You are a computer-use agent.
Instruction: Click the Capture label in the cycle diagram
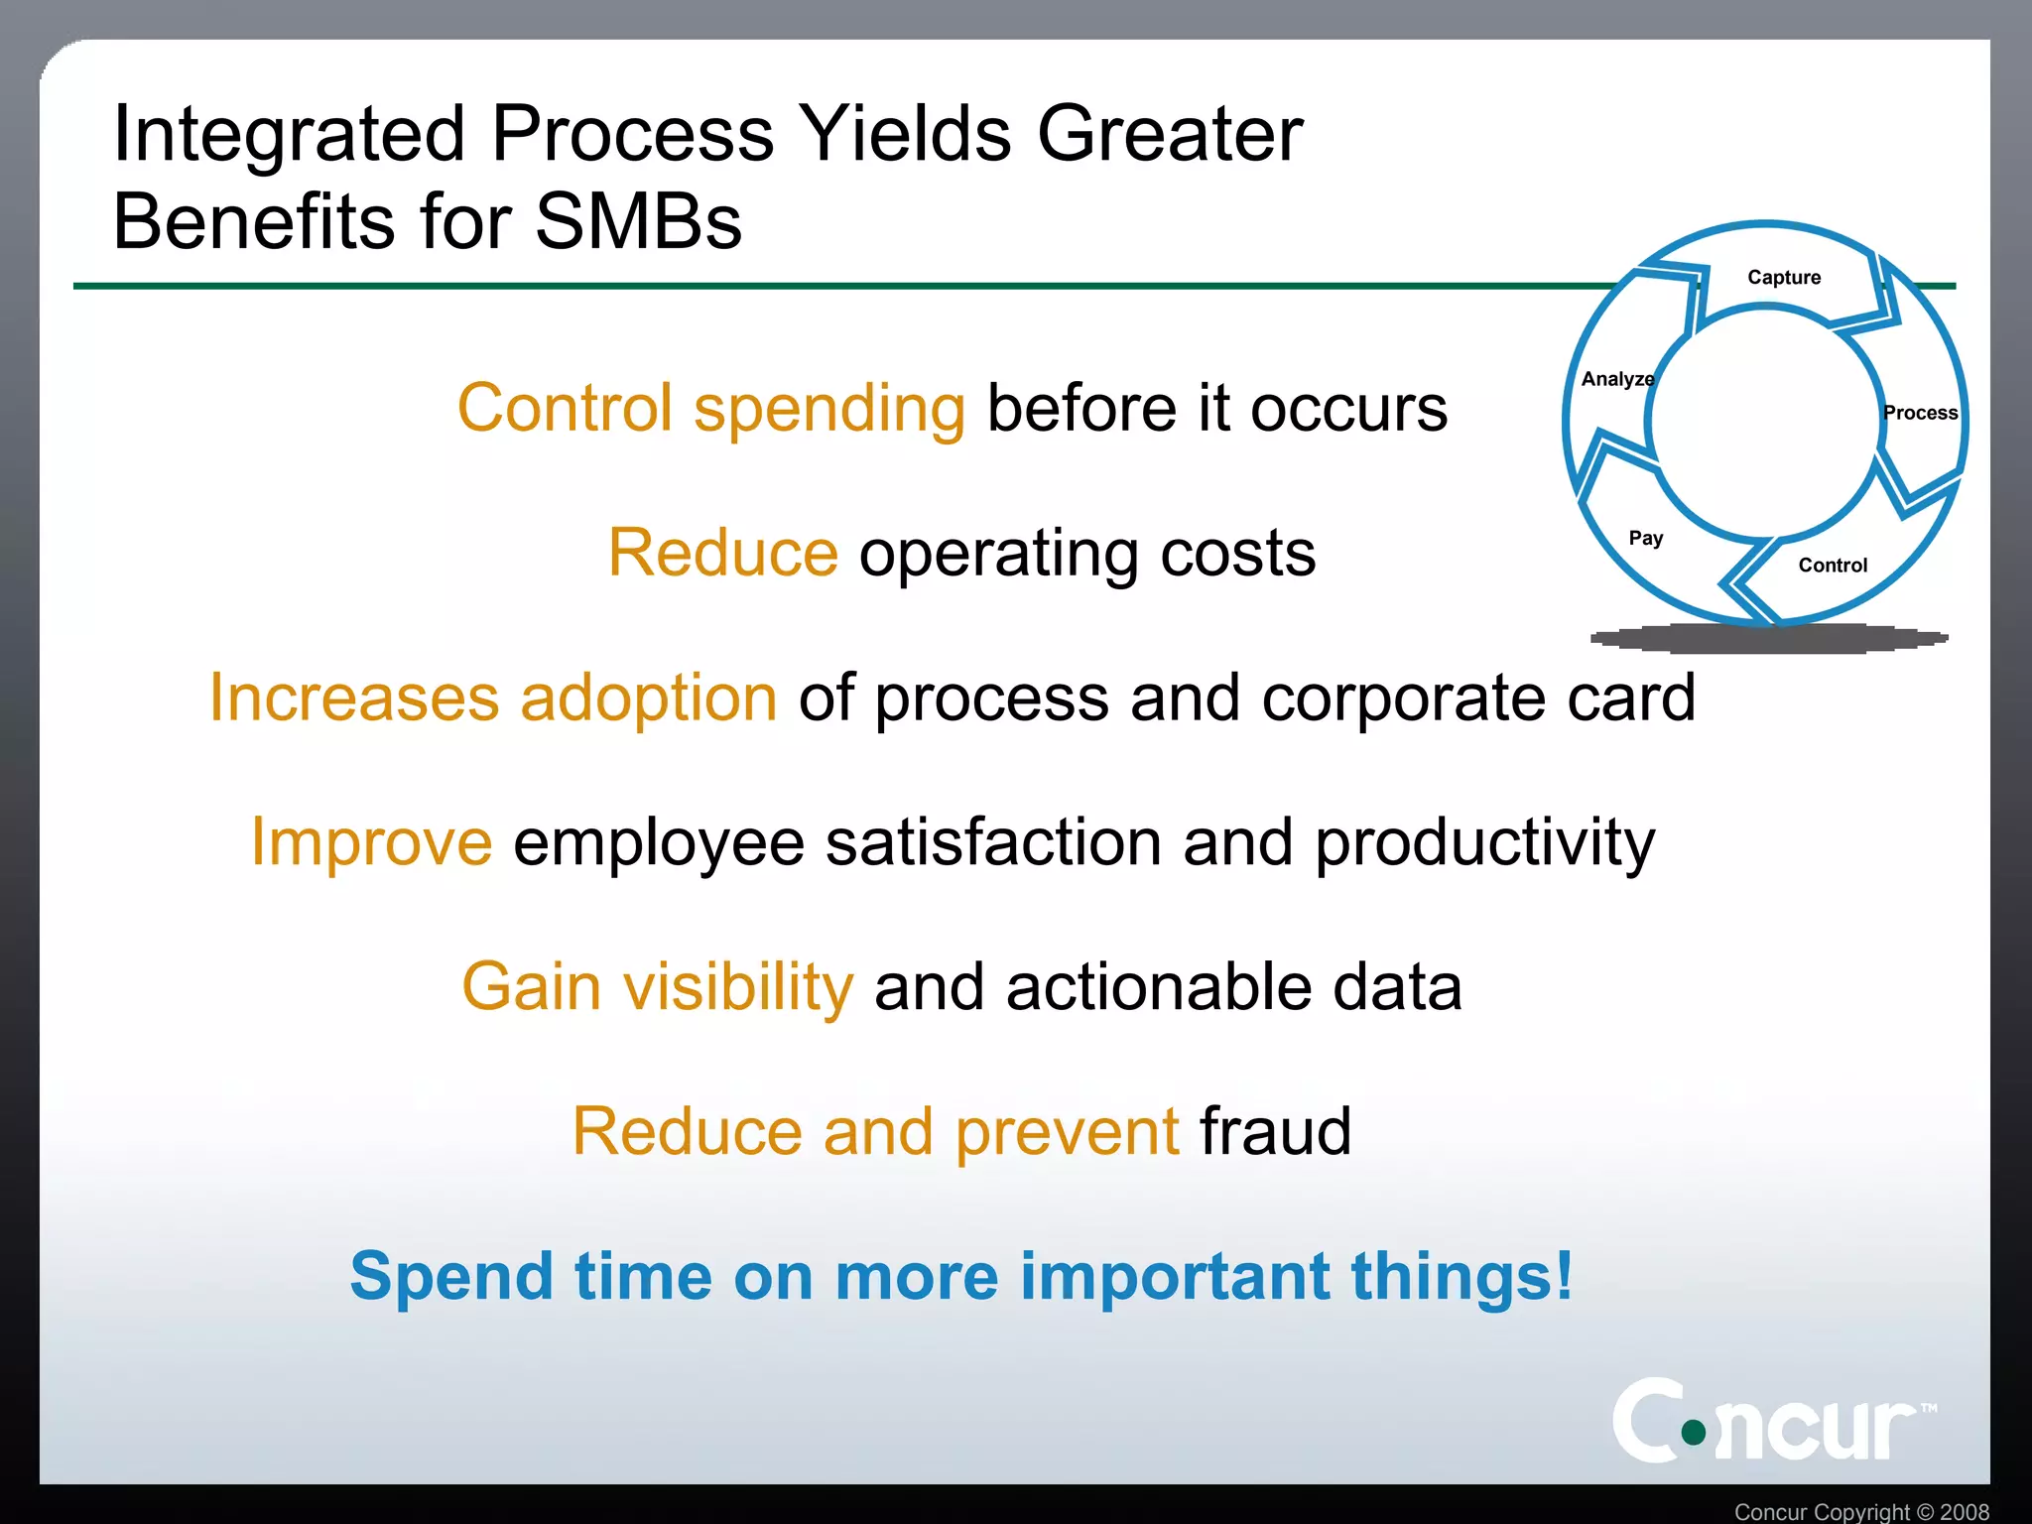pos(1783,277)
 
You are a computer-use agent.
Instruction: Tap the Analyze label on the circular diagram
pos(1617,379)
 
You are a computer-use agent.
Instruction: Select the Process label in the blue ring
pos(1920,413)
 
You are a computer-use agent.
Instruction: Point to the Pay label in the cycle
pos(1645,538)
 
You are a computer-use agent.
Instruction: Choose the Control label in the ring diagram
pos(1832,566)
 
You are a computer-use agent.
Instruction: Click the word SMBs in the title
pos(638,220)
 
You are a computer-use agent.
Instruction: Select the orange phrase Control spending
pos(710,408)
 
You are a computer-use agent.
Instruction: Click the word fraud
pos(1275,1131)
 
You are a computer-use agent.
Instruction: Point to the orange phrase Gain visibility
pos(657,987)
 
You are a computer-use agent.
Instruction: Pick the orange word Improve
pos(371,842)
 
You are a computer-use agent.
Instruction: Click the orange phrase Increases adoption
pos(493,698)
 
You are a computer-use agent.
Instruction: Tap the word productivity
pos(1484,842)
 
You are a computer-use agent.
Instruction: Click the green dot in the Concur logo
pos(1694,1432)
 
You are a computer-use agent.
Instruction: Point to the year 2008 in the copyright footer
pos(1964,1512)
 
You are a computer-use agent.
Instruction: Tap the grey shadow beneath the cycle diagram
pos(1768,639)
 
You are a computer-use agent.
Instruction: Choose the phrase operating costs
pos(1086,553)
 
